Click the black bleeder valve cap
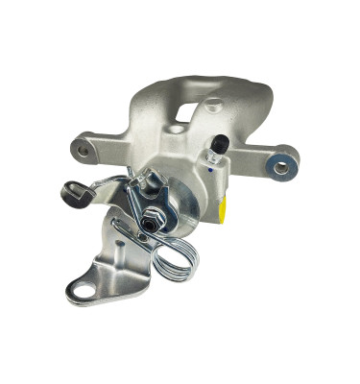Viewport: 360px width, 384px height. pyautogui.click(x=218, y=143)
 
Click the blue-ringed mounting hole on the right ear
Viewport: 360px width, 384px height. pyautogui.click(x=281, y=167)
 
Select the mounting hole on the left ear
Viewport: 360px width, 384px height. pyautogui.click(x=82, y=150)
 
